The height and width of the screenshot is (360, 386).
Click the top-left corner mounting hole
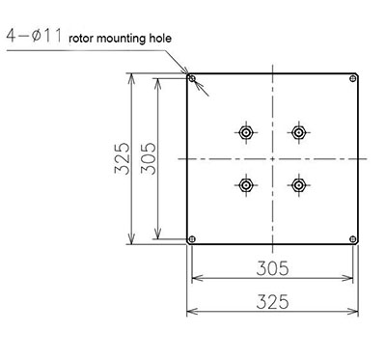tap(192, 78)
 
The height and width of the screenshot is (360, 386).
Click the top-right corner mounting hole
tap(353, 78)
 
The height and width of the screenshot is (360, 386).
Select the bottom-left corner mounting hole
tap(192, 239)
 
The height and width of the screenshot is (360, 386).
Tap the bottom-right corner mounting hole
tap(353, 239)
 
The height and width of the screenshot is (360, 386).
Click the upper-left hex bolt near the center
tap(246, 132)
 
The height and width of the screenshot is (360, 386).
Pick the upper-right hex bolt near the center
tap(298, 132)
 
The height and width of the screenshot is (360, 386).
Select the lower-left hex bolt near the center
tap(246, 185)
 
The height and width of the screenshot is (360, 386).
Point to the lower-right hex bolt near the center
tap(298, 185)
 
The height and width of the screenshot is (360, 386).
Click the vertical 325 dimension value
tap(123, 158)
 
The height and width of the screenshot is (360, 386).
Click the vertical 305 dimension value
tap(149, 158)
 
